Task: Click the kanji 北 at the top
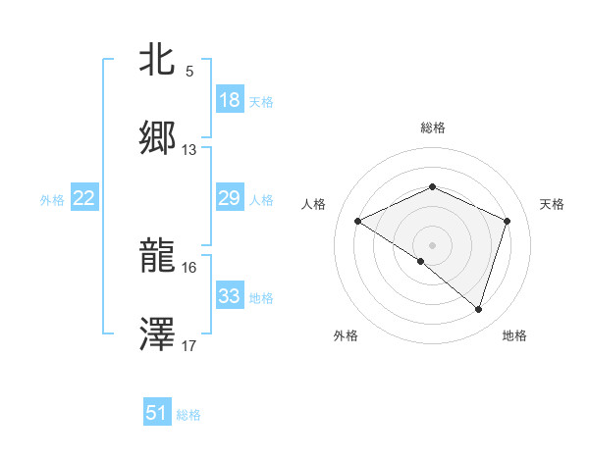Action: (x=158, y=62)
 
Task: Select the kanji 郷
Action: (x=158, y=138)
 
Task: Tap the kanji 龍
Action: (x=158, y=257)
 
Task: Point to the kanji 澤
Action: (x=158, y=333)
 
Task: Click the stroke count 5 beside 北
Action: (x=189, y=72)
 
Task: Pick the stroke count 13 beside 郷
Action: (x=189, y=150)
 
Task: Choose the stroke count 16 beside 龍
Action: (x=189, y=267)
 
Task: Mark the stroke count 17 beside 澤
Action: (x=189, y=345)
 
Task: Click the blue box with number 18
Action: (x=230, y=100)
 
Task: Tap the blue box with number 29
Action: (x=230, y=198)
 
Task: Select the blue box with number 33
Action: (x=230, y=296)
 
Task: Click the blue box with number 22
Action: (x=84, y=198)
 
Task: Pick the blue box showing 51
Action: (x=157, y=413)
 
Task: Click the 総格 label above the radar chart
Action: (x=433, y=128)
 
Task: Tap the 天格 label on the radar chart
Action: (x=552, y=204)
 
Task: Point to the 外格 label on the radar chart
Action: (x=346, y=335)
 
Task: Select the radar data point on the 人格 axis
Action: (x=358, y=221)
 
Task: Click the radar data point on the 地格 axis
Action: (x=478, y=309)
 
